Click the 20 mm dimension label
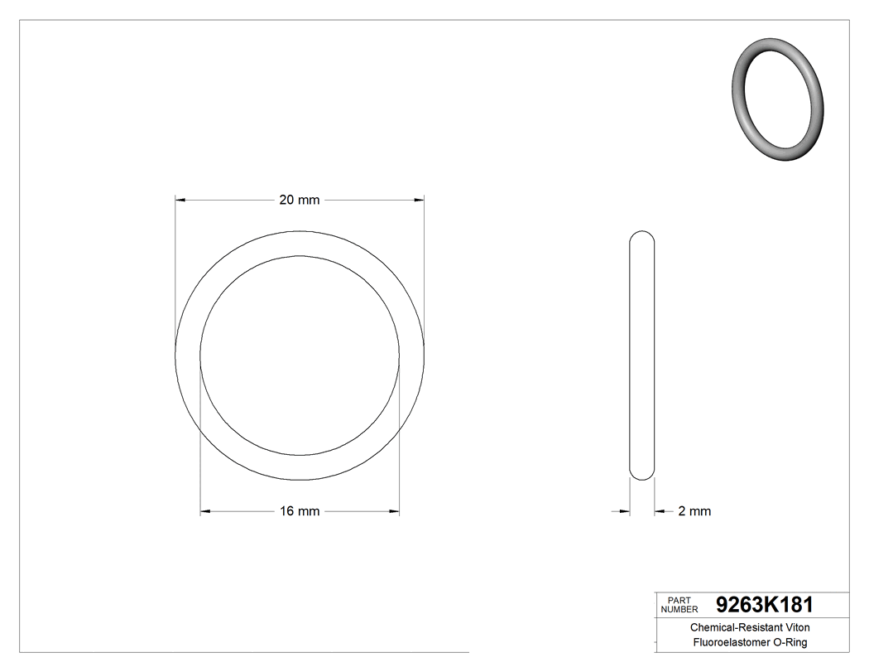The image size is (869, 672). [299, 200]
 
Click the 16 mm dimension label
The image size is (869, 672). [299, 511]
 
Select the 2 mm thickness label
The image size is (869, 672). [694, 511]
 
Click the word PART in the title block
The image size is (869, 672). [679, 600]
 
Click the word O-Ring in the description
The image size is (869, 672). [790, 643]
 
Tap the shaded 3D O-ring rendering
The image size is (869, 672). [778, 98]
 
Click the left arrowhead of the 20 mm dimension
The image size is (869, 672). [180, 200]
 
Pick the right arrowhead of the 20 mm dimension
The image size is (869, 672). [419, 200]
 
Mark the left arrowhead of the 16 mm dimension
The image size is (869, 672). [206, 511]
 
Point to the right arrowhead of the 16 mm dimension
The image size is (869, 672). [394, 511]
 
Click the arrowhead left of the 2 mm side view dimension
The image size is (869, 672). [625, 511]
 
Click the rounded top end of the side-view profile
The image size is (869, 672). [642, 235]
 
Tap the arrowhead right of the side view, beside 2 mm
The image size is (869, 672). [660, 511]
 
